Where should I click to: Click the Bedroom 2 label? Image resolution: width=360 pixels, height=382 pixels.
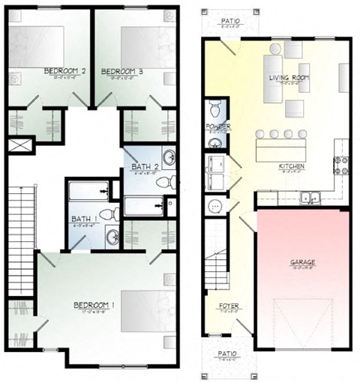pyautogui.click(x=65, y=71)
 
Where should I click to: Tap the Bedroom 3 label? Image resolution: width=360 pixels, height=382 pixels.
pyautogui.click(x=121, y=71)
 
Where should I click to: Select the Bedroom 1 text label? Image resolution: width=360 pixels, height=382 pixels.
pyautogui.click(x=93, y=305)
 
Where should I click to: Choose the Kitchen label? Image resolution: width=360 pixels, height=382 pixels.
pyautogui.click(x=290, y=166)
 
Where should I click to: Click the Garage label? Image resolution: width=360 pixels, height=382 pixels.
pyautogui.click(x=302, y=262)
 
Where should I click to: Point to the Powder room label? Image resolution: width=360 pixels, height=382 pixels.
pyautogui.click(x=217, y=127)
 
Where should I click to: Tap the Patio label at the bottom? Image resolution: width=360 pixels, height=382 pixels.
pyautogui.click(x=227, y=353)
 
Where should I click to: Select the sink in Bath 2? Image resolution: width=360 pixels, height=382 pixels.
pyautogui.click(x=169, y=158)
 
